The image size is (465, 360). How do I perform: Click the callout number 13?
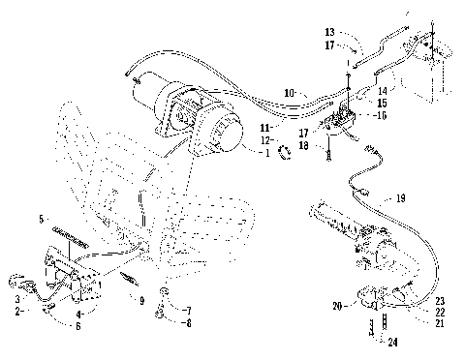point(330,31)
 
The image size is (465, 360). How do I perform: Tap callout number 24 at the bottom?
point(391,343)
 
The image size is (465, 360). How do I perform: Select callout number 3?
point(17,301)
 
